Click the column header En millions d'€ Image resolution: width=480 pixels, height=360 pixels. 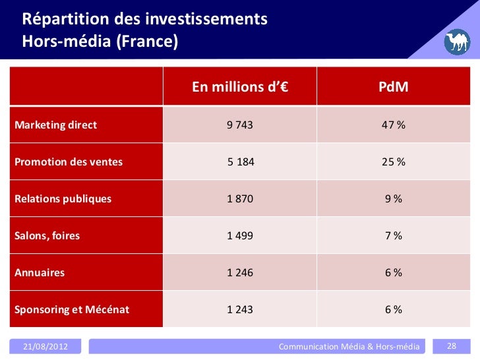coord(240,88)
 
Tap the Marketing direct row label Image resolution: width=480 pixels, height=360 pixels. coord(56,125)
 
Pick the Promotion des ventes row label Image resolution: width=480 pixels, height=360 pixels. coord(69,162)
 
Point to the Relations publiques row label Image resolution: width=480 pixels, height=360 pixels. coord(63,198)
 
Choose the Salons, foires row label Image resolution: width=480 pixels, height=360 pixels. coord(47,235)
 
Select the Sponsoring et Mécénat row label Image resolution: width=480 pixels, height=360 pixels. coord(72,309)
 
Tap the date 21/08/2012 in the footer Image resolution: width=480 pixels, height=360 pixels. coord(45,346)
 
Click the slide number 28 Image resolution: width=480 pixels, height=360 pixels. coord(452,346)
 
